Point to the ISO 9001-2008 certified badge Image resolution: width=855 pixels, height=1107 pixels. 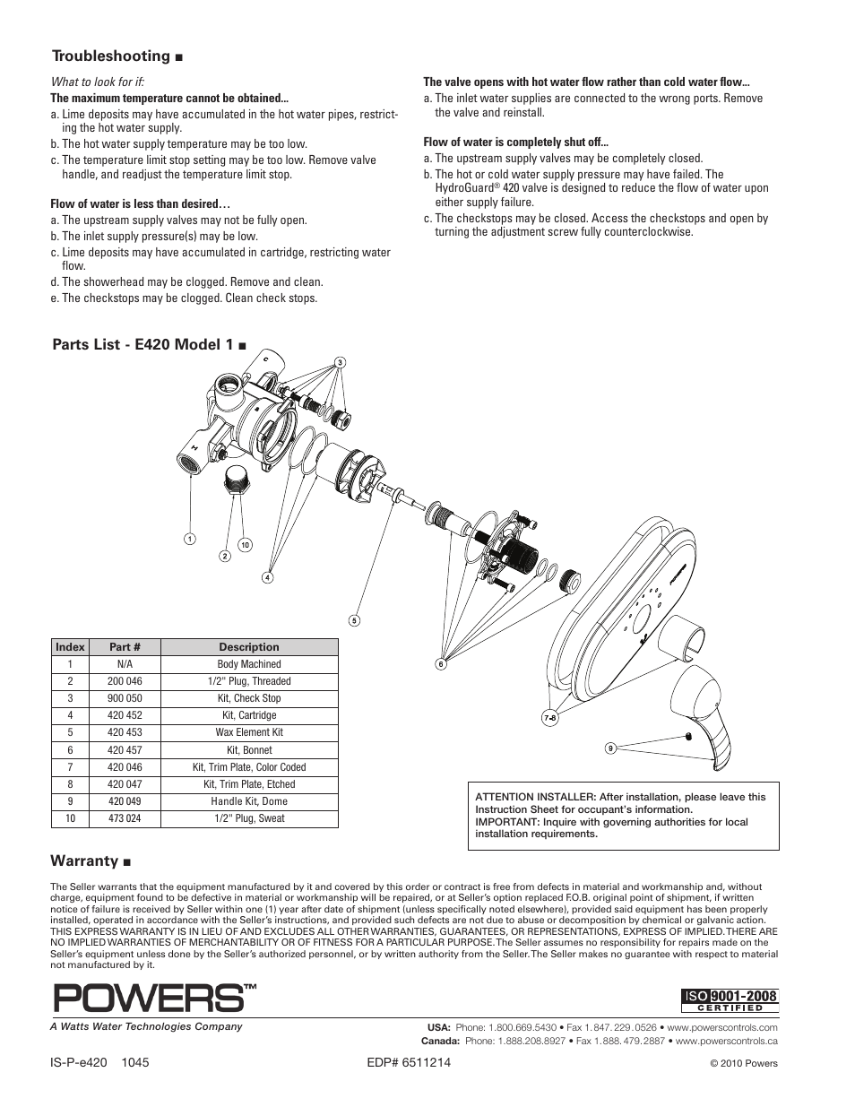point(730,1000)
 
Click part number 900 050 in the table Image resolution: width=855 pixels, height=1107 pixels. point(125,698)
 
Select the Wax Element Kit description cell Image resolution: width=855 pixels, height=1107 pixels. point(249,732)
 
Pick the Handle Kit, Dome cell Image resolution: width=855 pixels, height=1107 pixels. point(249,801)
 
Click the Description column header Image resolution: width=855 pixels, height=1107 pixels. point(249,647)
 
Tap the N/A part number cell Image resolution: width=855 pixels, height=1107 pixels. point(125,664)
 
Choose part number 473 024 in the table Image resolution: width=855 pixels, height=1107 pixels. point(125,818)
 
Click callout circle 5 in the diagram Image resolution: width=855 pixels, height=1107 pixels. point(354,620)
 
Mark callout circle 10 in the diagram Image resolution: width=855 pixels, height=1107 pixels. point(244,545)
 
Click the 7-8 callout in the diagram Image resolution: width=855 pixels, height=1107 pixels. point(550,718)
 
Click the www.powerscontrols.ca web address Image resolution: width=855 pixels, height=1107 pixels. point(726,1042)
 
